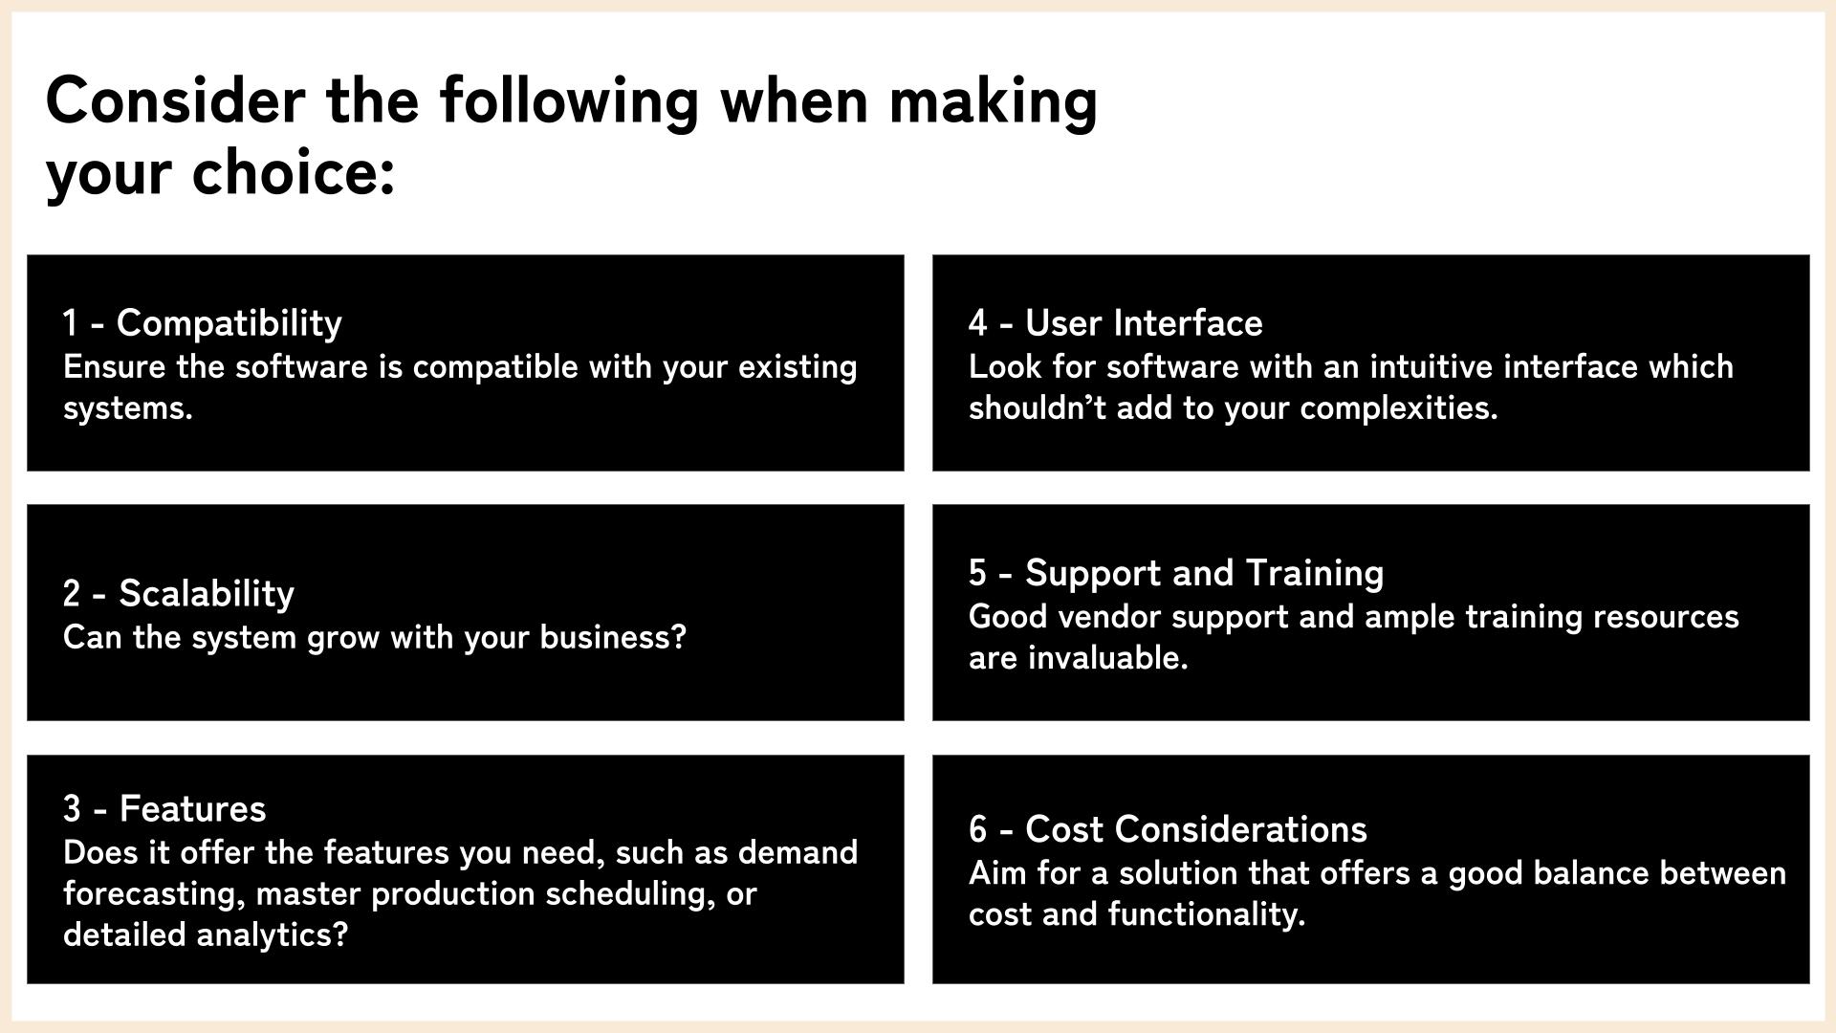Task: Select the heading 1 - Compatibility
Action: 203,323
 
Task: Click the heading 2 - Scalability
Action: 179,593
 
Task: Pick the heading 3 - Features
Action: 164,808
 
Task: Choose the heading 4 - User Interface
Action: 1116,323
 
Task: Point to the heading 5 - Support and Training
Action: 1176,573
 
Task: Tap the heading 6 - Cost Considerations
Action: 1168,829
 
